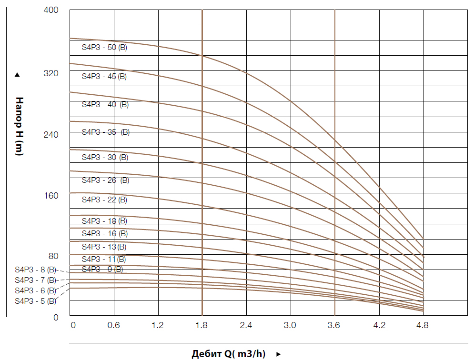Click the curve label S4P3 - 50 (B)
104,48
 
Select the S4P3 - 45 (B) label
104,76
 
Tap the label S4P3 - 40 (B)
105,105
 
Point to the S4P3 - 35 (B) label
105,132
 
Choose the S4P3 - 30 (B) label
104,157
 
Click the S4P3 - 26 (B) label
105,180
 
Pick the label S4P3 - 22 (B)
104,200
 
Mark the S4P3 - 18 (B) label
104,221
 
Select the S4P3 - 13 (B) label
104,247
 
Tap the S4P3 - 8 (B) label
36,270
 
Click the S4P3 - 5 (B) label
36,301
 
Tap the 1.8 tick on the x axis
202,326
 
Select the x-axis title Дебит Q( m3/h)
228,354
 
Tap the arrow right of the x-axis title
279,354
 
